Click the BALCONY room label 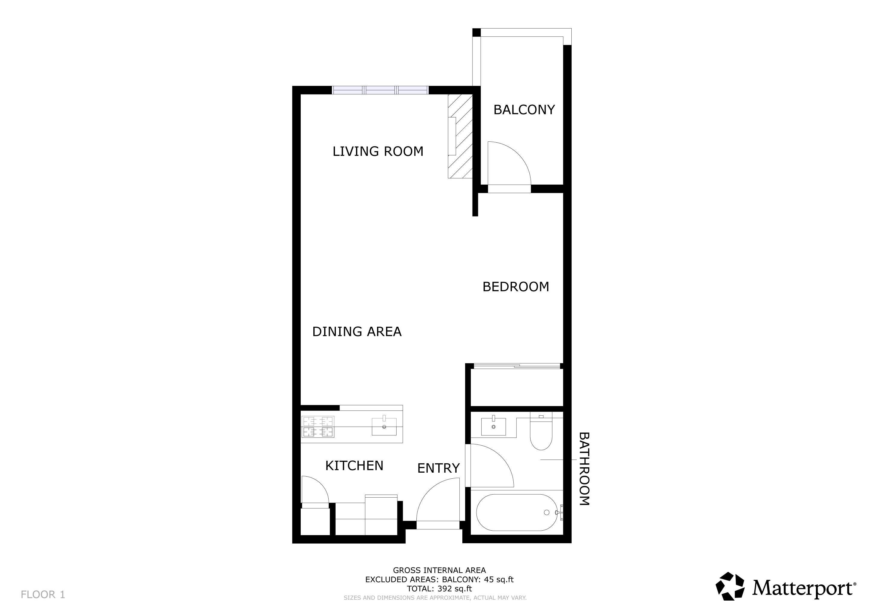(524, 110)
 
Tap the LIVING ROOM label (378, 151)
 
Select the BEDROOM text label (516, 287)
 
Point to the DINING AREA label (357, 332)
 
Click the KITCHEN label (354, 466)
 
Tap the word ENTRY (438, 468)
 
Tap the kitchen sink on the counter (384, 427)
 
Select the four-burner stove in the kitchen (318, 427)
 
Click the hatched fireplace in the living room (460, 136)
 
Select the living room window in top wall (380, 90)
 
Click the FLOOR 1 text (43, 595)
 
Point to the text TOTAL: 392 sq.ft (439, 589)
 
